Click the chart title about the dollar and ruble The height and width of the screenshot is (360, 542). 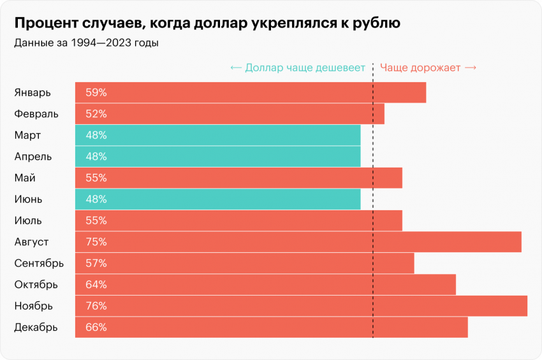click(207, 24)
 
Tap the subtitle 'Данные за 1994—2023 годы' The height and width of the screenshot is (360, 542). click(85, 43)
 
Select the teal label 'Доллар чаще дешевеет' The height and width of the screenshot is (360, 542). click(298, 68)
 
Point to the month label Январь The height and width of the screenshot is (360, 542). click(32, 92)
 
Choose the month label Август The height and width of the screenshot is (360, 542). click(31, 242)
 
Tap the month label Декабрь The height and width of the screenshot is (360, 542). click(36, 328)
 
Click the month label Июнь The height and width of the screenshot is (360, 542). click(28, 199)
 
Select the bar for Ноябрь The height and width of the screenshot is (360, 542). click(301, 306)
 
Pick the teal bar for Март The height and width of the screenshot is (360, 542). click(217, 135)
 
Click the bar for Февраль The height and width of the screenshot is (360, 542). click(230, 114)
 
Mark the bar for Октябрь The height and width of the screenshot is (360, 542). click(265, 285)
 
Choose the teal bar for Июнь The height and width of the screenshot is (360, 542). click(217, 199)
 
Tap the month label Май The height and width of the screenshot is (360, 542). click(24, 178)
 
